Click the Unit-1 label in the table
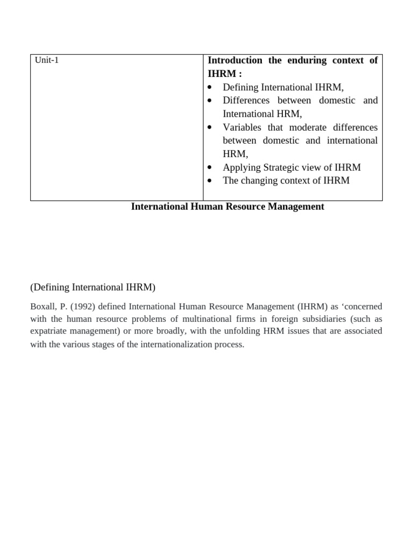pyautogui.click(x=47, y=60)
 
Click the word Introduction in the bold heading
pyautogui.click(x=235, y=60)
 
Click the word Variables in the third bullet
pyautogui.click(x=242, y=128)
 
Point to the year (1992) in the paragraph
pyautogui.click(x=84, y=307)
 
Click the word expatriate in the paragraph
pyautogui.click(x=50, y=331)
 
